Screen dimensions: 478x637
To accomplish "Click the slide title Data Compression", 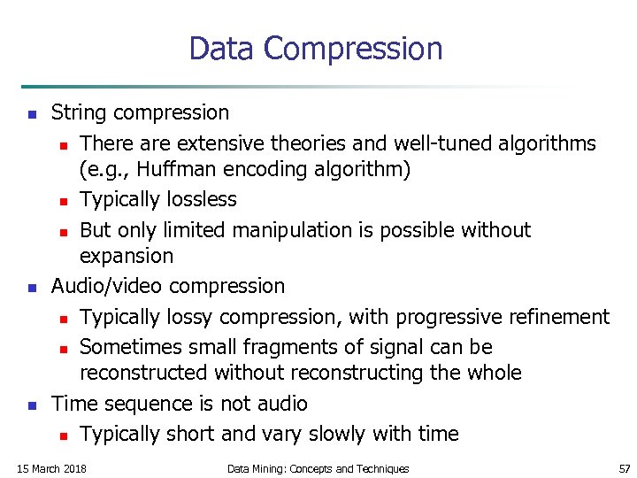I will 316,48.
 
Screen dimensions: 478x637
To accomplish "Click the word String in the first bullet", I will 80,113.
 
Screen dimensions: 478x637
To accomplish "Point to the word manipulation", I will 290,230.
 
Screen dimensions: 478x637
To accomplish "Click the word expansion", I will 127,256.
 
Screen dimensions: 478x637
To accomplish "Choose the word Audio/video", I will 107,286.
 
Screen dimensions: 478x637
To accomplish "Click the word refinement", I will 549,317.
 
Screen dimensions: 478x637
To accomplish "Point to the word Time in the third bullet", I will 73,404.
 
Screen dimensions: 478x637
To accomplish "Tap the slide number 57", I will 625,468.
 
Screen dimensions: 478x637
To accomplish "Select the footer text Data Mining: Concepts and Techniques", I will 318,468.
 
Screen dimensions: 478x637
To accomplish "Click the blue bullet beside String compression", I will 30,114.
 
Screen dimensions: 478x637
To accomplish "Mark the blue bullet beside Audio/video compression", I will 30,288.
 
